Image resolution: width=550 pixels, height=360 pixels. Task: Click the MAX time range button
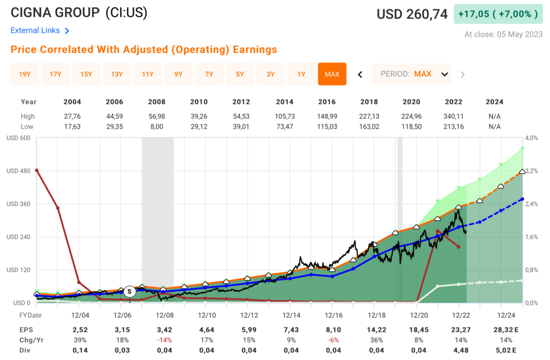[x=332, y=74]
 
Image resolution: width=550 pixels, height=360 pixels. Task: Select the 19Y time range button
[x=25, y=74]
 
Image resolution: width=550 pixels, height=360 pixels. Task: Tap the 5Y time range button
[x=240, y=74]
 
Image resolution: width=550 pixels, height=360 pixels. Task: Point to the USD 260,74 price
[x=412, y=14]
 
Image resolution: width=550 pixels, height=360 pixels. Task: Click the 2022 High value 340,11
[x=453, y=116]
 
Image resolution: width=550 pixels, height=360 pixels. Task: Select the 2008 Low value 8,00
[x=157, y=127]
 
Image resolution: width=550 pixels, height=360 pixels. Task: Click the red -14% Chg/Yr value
[x=164, y=340]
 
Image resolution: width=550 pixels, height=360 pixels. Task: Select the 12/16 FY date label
[x=334, y=315]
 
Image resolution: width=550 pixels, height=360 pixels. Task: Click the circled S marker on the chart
[x=129, y=291]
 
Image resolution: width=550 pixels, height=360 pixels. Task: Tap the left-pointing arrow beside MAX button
[x=360, y=74]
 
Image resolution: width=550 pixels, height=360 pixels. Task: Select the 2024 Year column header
[x=494, y=102]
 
